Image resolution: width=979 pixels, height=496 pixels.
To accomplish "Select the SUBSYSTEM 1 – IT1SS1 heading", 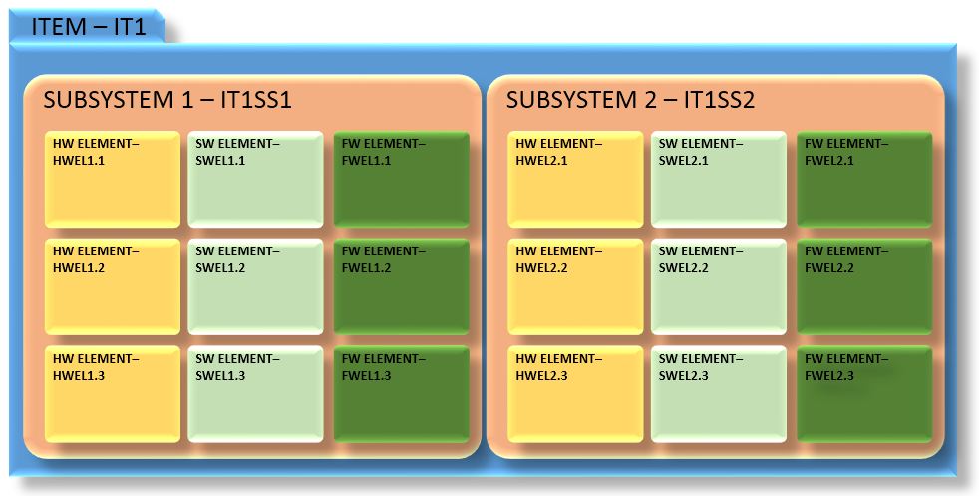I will click(166, 101).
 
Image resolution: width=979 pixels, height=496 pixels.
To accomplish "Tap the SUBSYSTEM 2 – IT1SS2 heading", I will click(630, 101).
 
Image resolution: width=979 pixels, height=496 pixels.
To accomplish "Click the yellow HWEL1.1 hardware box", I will click(113, 180).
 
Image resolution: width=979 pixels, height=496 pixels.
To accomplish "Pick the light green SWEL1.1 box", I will click(256, 180).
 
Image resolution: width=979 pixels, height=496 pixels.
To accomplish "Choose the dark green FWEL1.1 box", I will click(401, 180).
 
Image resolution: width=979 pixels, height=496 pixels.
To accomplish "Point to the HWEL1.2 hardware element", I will click(113, 286).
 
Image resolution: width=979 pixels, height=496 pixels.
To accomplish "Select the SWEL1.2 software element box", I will click(256, 286).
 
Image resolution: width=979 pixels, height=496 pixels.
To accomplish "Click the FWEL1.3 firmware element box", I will click(401, 394).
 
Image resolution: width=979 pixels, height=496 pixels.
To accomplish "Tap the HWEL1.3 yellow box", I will click(113, 394).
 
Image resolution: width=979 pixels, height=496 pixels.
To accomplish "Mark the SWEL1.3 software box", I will click(256, 394).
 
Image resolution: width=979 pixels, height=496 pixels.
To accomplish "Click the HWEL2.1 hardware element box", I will click(575, 180).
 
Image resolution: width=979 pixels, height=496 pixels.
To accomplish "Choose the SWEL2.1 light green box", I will click(719, 180).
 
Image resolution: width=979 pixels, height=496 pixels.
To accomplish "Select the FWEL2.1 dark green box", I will click(863, 180).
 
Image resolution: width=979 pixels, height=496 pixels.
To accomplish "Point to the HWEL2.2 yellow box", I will click(575, 286).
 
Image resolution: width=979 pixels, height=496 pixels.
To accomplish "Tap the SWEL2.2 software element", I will click(719, 286).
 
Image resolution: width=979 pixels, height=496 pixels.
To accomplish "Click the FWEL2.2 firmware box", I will click(863, 286).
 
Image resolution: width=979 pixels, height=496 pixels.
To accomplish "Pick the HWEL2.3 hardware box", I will click(575, 394).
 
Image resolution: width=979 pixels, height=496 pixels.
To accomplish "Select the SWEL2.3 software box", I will click(719, 394).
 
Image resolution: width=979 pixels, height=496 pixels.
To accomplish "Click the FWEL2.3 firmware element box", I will click(863, 394).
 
